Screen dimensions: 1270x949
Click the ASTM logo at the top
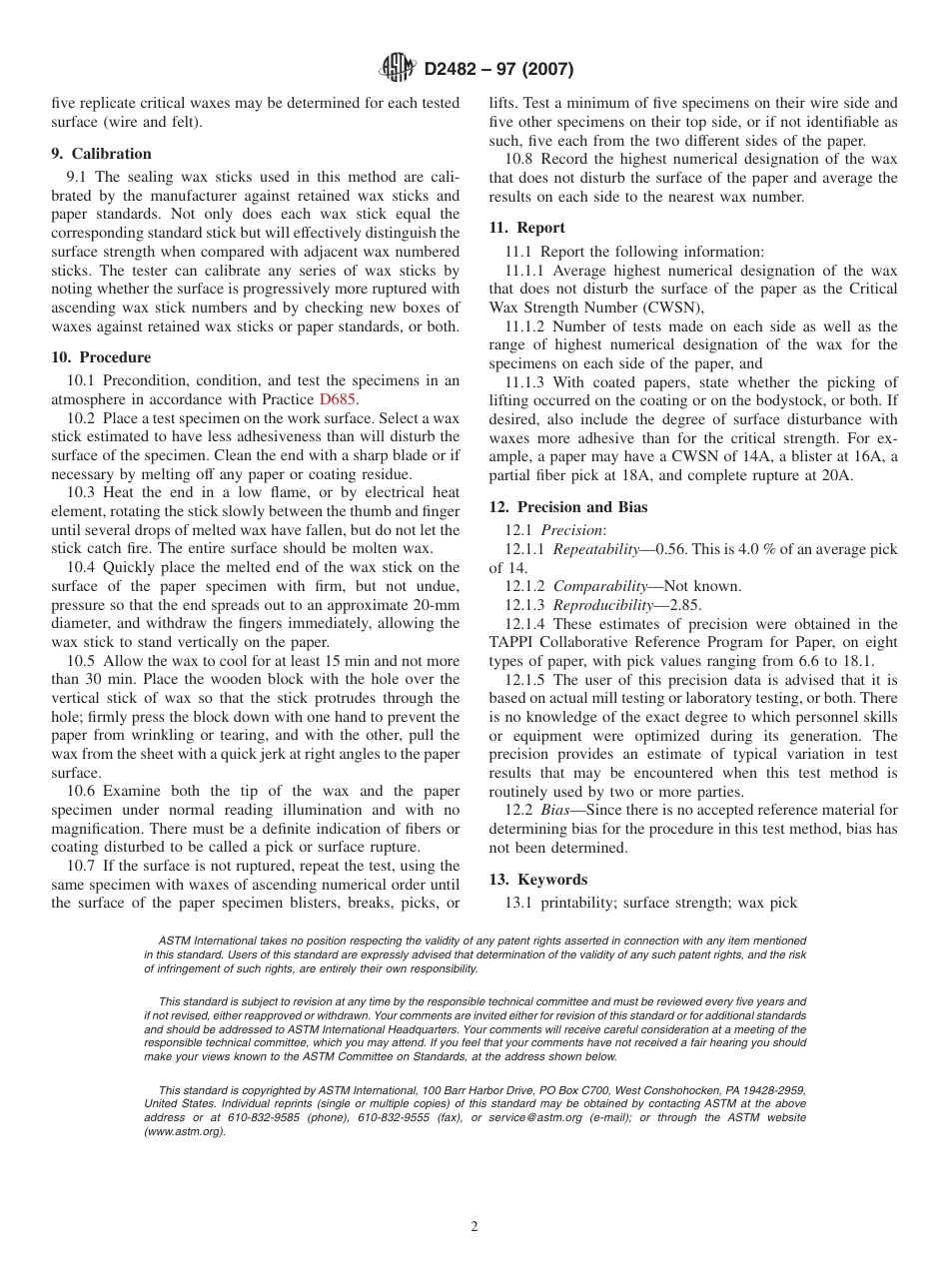point(399,69)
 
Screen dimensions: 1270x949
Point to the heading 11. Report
point(526,228)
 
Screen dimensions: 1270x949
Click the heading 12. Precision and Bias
point(567,507)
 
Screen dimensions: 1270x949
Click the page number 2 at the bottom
point(474,1227)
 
